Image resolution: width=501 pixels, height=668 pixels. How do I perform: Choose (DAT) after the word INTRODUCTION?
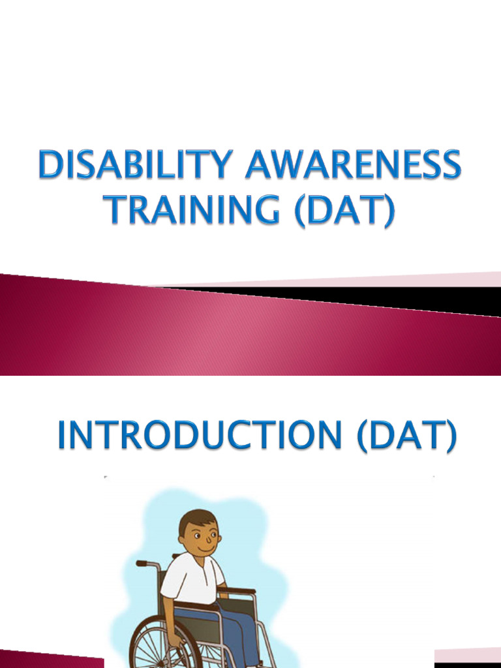click(406, 436)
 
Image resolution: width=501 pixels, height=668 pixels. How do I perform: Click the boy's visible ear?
click(182, 540)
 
